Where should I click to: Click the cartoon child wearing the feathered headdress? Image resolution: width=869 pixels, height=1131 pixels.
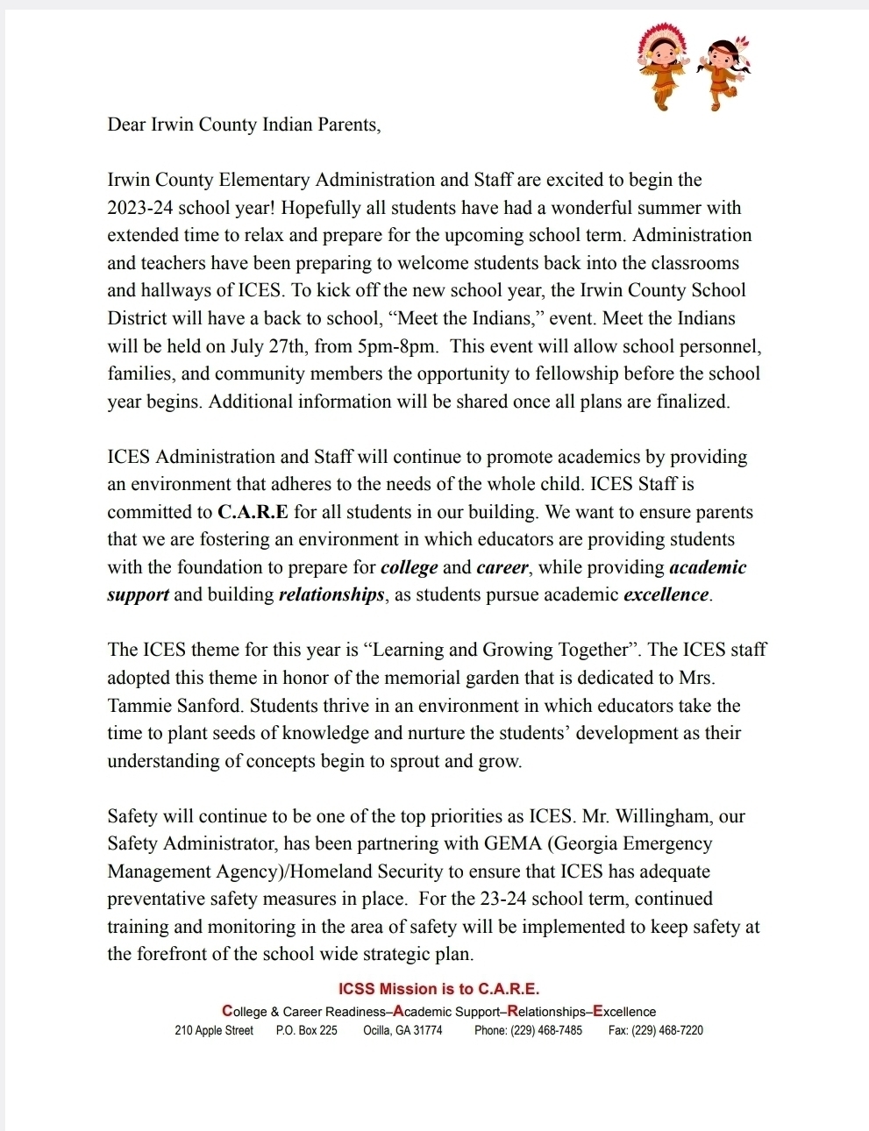[659, 66]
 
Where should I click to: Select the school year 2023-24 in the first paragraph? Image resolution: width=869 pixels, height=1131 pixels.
[139, 208]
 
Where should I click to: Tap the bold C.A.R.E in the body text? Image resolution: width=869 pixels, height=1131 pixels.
[253, 512]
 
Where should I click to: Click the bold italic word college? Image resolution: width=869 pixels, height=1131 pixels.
[410, 567]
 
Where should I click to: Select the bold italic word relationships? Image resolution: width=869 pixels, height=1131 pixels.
[331, 594]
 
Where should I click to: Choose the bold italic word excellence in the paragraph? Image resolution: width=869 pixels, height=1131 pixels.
[666, 594]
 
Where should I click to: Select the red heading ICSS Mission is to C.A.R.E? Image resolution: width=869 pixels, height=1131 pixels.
[438, 989]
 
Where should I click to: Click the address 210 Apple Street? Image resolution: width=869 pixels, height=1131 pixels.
[214, 1030]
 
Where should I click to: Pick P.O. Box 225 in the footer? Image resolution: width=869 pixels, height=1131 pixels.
[306, 1030]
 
